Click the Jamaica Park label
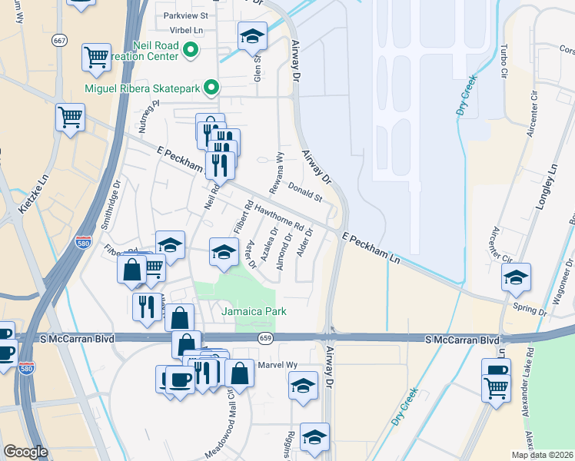pyautogui.click(x=254, y=311)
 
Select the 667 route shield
pyautogui.click(x=59, y=39)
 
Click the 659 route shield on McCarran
pyautogui.click(x=265, y=338)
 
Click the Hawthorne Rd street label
pyautogui.click(x=280, y=217)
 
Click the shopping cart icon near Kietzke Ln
pyautogui.click(x=69, y=118)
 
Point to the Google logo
pyautogui.click(x=26, y=452)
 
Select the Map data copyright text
pyautogui.click(x=542, y=455)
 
